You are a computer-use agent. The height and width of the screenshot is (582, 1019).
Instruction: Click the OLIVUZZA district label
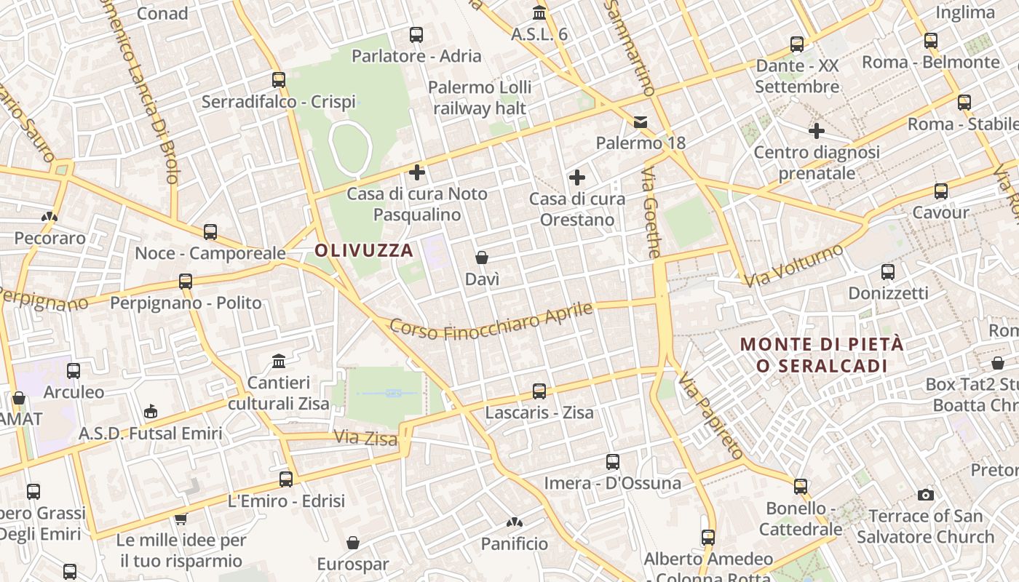point(364,251)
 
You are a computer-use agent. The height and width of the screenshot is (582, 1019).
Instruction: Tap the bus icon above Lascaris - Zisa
point(539,391)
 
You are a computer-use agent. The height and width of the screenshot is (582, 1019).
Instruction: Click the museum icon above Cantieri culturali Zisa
point(278,361)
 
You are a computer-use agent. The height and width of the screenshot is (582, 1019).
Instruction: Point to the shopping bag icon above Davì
point(482,258)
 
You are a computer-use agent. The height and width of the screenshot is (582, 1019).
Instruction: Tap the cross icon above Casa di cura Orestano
point(577,177)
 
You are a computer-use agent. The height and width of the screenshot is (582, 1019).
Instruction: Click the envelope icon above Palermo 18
point(641,121)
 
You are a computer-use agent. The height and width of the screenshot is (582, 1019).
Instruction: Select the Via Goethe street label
point(651,212)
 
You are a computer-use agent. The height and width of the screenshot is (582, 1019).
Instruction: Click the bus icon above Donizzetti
point(888,272)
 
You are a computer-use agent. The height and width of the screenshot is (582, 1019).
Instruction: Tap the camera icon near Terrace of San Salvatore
point(926,495)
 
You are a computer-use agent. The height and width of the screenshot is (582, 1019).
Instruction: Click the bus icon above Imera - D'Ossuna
point(613,462)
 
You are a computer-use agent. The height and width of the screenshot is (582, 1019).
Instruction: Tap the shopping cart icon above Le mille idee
point(181,519)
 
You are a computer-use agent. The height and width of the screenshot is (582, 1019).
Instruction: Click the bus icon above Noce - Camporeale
point(210,232)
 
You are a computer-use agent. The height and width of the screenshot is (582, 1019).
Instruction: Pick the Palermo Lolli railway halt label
point(480,97)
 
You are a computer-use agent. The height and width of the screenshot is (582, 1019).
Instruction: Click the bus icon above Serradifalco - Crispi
point(279,80)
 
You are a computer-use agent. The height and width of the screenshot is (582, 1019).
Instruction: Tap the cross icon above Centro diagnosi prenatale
point(817,131)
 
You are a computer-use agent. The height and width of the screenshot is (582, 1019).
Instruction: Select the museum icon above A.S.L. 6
point(539,13)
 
